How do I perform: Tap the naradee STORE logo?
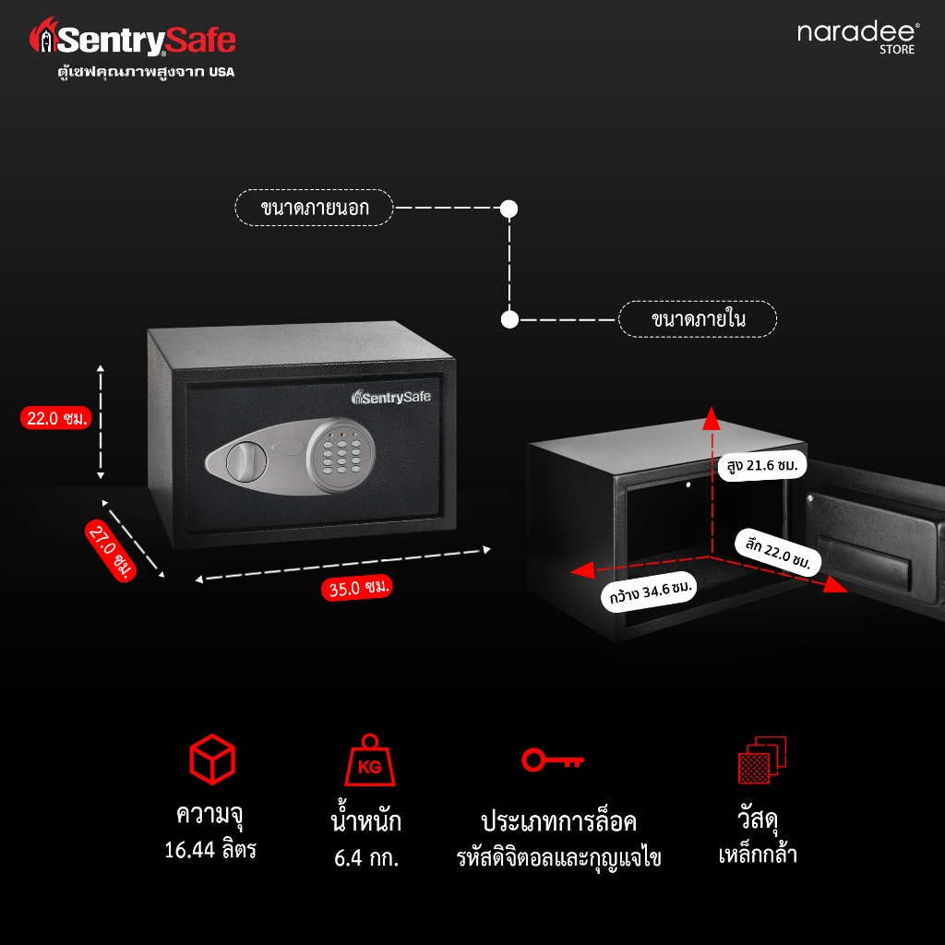(858, 37)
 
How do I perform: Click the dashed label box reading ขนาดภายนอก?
(314, 208)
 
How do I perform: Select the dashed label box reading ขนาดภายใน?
(698, 318)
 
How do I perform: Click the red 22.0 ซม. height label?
(56, 418)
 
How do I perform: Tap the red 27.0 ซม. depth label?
(111, 550)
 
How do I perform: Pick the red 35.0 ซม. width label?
(357, 587)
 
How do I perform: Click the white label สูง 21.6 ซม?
(761, 465)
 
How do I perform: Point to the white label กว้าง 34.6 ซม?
(650, 592)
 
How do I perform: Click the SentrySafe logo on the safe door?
(391, 397)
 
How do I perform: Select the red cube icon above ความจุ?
(212, 759)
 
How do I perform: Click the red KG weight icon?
(369, 760)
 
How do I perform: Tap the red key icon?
(553, 760)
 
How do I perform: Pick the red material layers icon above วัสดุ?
(762, 760)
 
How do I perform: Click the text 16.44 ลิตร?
(210, 850)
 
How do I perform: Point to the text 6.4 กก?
(366, 857)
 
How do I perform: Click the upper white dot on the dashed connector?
(509, 209)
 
